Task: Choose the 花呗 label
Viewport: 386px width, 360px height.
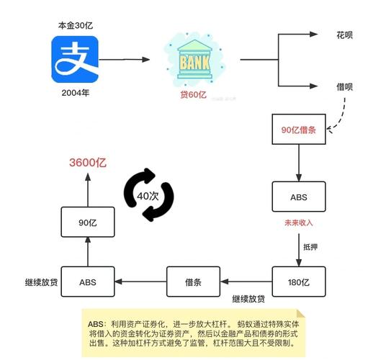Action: pos(345,35)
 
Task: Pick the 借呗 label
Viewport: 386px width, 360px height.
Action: pos(345,86)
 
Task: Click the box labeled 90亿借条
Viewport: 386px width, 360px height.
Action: pos(298,130)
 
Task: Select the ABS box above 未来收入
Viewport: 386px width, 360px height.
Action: pos(298,196)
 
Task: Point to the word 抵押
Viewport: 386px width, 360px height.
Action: pos(310,247)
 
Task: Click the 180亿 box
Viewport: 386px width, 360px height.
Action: pos(298,282)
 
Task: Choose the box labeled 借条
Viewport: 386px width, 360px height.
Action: pos(192,282)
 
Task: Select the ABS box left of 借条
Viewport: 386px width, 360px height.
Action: pos(88,282)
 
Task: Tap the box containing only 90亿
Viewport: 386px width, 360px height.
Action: pos(88,222)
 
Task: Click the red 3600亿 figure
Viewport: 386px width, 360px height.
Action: pos(87,163)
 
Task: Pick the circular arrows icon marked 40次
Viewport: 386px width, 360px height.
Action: pos(149,195)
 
